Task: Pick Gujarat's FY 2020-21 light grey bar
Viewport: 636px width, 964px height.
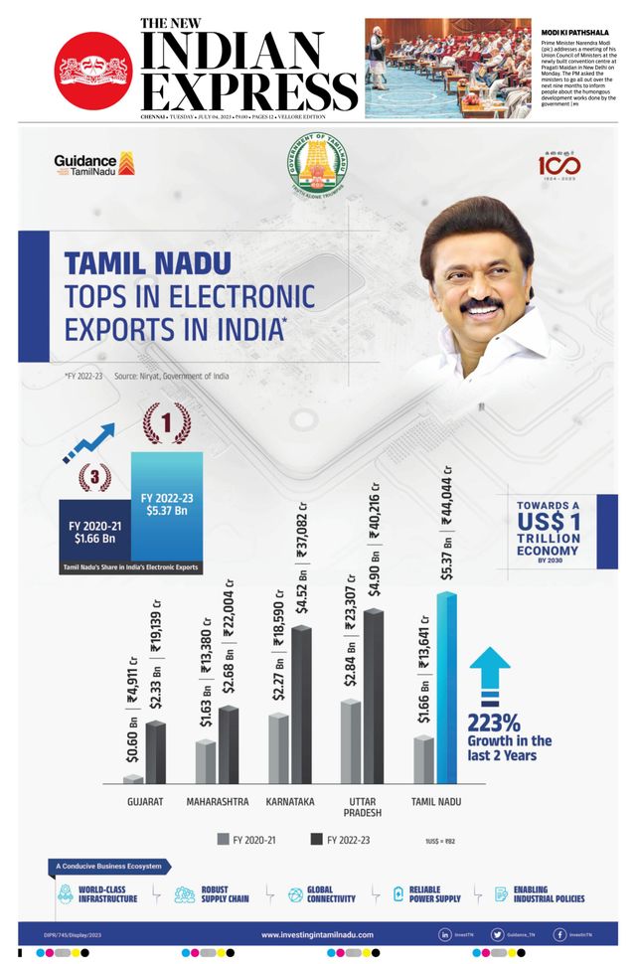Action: pos(133,779)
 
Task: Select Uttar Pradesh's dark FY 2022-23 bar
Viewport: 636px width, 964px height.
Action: pos(373,696)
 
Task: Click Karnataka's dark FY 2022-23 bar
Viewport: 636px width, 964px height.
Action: pos(301,705)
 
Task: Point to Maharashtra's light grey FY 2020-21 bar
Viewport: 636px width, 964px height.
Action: pos(206,761)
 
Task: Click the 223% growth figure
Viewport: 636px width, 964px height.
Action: pos(495,722)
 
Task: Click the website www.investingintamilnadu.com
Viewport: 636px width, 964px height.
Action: pos(318,935)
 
